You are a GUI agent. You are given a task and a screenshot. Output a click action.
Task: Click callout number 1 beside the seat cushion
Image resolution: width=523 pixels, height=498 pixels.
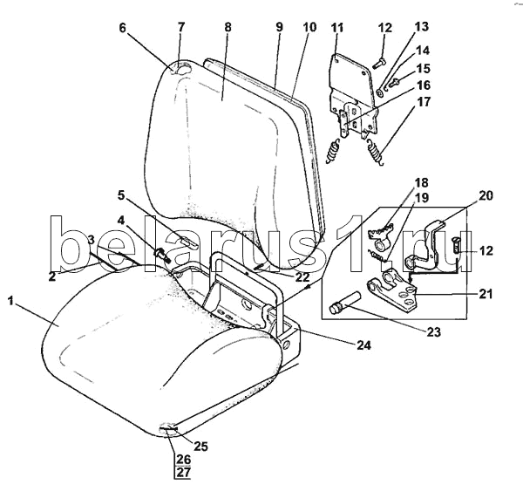pos(10,302)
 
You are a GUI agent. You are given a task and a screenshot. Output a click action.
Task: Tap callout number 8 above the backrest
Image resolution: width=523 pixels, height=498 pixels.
pos(228,27)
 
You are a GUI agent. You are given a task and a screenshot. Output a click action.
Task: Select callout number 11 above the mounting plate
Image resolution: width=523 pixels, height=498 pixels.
pos(337,28)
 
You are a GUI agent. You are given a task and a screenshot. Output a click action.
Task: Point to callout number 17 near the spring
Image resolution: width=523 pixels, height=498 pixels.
pos(424,101)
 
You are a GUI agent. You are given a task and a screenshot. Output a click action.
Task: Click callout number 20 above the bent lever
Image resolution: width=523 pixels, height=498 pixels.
pos(486,195)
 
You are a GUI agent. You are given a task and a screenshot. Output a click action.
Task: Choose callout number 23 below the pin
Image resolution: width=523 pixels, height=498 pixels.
pos(433,331)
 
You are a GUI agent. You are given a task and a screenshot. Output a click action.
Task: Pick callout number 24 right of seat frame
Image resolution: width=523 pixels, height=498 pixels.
pos(363,345)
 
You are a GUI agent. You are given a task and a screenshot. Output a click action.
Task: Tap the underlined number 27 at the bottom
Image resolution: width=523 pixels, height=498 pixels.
pos(183,473)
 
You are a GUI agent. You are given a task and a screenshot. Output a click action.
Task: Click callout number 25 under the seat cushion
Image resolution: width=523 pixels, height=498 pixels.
pos(200,447)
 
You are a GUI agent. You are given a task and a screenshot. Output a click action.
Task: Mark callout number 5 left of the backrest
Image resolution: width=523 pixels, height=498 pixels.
pos(121,195)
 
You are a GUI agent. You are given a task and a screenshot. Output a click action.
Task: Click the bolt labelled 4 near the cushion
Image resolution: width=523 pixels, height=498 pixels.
pos(162,255)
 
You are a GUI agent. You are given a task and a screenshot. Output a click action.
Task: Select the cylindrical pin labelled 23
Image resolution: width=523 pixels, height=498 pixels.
pos(345,303)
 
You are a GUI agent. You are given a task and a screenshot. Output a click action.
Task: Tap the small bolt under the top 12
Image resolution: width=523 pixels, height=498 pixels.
pos(379,64)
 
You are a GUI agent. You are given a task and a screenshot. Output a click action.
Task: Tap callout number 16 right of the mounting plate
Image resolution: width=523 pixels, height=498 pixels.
pos(424,85)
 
